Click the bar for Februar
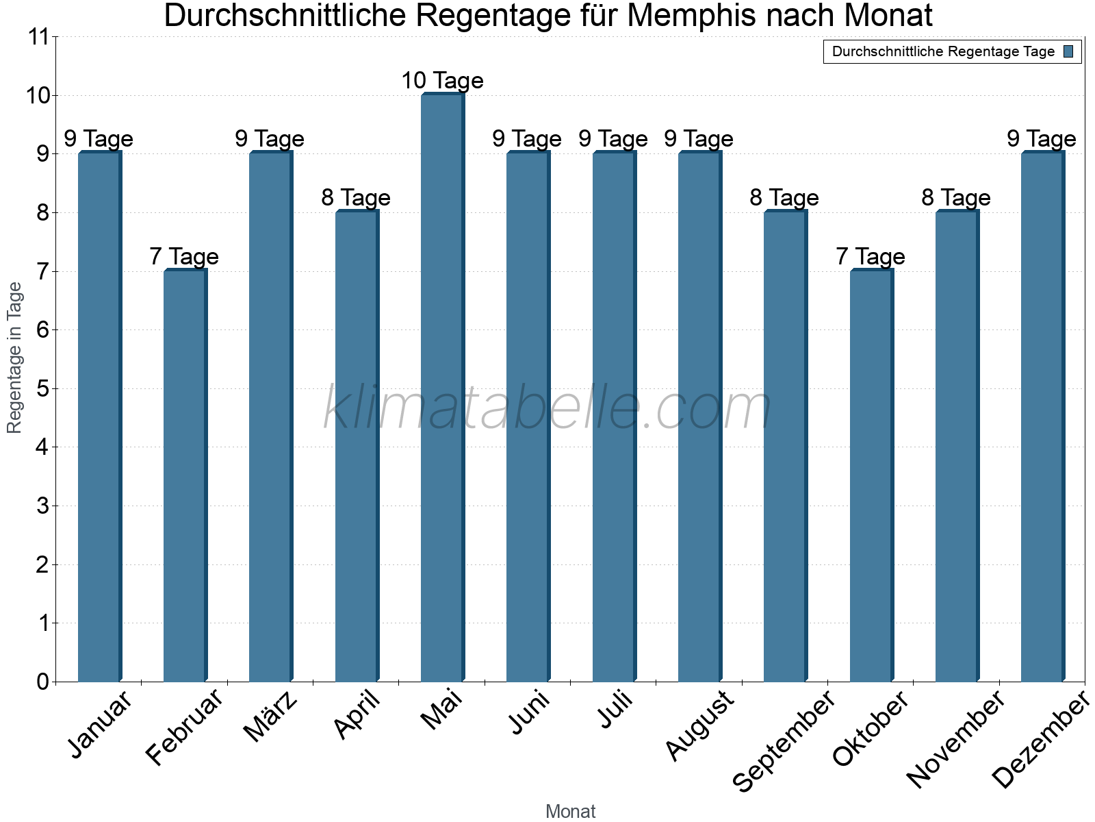pyautogui.click(x=185, y=475)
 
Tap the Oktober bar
pyautogui.click(x=871, y=475)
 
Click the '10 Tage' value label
pyautogui.click(x=442, y=81)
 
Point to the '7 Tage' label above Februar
pyautogui.click(x=184, y=257)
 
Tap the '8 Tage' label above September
pyautogui.click(x=784, y=198)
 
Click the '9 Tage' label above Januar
pyautogui.click(x=99, y=139)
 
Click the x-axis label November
pyautogui.click(x=955, y=738)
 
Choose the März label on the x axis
pyautogui.click(x=271, y=717)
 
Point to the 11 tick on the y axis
pyautogui.click(x=38, y=37)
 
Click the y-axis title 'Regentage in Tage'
pyautogui.click(x=15, y=358)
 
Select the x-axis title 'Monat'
pyautogui.click(x=570, y=811)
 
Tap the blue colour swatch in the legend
pyautogui.click(x=1068, y=51)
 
